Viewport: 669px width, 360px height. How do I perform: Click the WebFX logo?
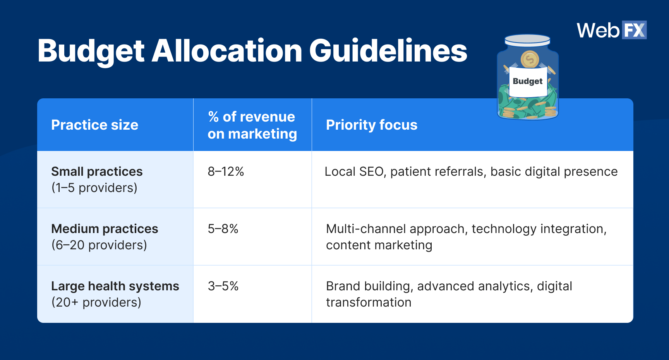[612, 30]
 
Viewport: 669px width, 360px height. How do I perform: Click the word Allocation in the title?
[227, 51]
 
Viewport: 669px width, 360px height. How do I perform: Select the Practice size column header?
[94, 125]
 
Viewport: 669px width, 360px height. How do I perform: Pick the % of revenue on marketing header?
[252, 125]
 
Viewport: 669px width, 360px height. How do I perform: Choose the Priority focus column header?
[372, 125]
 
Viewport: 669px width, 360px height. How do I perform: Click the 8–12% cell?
[226, 171]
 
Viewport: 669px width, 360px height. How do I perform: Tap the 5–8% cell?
[223, 229]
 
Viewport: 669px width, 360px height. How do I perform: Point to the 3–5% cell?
[223, 286]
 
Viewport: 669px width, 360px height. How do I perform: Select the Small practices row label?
[97, 171]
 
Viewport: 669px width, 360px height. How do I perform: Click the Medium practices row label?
[105, 229]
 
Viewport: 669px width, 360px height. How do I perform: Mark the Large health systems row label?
[115, 286]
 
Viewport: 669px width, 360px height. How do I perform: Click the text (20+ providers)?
[96, 302]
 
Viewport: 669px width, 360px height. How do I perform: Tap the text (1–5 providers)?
[94, 188]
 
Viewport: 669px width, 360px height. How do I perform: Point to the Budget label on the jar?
[528, 81]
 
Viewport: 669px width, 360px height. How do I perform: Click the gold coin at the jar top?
[530, 60]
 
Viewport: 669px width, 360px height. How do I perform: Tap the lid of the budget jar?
[527, 39]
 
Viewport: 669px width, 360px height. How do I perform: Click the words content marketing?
[379, 245]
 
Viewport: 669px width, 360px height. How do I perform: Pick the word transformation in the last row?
[369, 302]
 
